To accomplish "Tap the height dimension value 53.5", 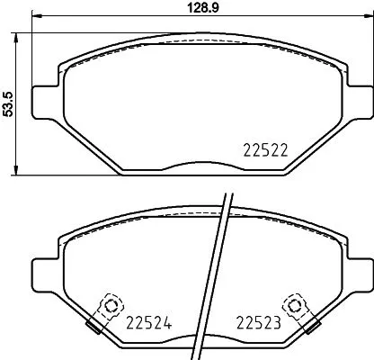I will click(8, 101).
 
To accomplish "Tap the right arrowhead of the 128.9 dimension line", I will click(367, 24).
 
